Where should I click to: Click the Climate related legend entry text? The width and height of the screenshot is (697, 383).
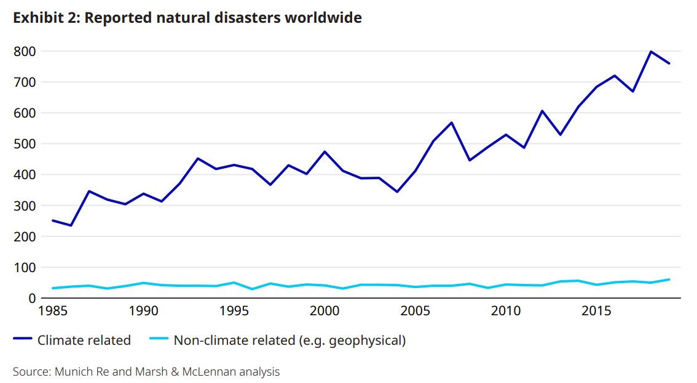point(84,340)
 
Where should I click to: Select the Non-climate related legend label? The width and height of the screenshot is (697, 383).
point(289,340)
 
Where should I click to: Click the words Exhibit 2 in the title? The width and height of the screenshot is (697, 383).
point(45,18)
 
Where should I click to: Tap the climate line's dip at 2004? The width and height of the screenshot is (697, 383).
point(397,191)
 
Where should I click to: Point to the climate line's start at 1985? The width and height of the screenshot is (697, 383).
point(53,220)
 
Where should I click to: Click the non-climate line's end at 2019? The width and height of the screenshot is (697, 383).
point(669,280)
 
